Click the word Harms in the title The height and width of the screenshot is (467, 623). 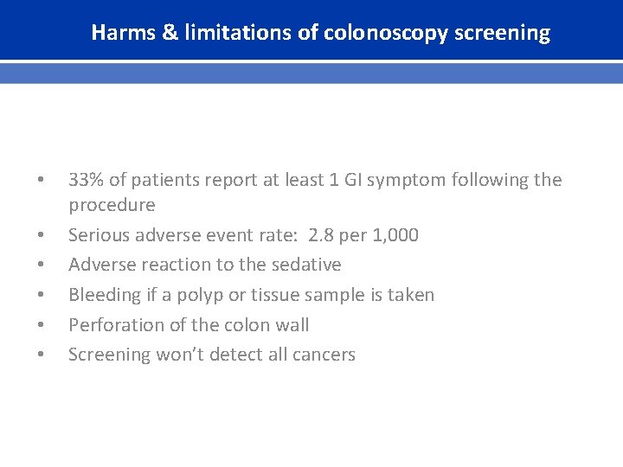(x=118, y=34)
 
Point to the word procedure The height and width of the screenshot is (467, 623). (x=112, y=206)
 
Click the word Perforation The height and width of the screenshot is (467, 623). (x=111, y=325)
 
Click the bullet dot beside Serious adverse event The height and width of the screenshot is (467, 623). (x=40, y=235)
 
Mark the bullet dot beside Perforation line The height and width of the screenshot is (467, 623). (x=40, y=325)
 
